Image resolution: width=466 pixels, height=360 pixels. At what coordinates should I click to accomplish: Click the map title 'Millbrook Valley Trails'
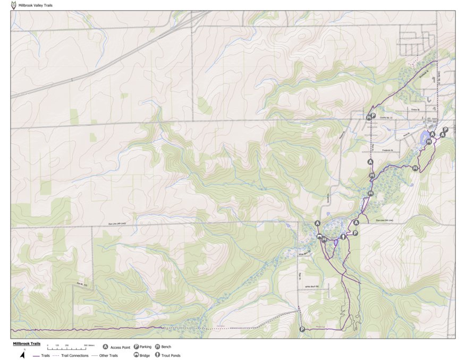click(35, 5)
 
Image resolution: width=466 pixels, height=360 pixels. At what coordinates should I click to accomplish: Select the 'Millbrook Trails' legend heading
click(27, 344)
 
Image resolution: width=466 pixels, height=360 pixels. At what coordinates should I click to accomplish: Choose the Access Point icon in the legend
click(106, 347)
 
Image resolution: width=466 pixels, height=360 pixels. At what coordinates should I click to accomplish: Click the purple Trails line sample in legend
click(36, 355)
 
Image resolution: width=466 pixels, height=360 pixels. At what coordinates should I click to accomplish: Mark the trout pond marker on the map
click(343, 237)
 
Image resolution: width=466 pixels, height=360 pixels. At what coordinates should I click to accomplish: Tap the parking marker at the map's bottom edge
click(302, 329)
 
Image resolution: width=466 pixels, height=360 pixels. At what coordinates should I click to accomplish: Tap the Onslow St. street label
click(415, 110)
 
